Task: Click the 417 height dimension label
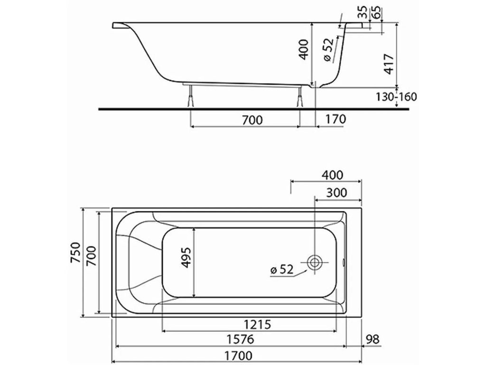[x=389, y=64]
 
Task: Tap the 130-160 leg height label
[x=396, y=97]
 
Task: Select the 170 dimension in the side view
[x=336, y=119]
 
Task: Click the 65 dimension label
[x=376, y=12]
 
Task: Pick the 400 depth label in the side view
[x=303, y=49]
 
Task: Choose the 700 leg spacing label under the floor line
[x=252, y=120]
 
